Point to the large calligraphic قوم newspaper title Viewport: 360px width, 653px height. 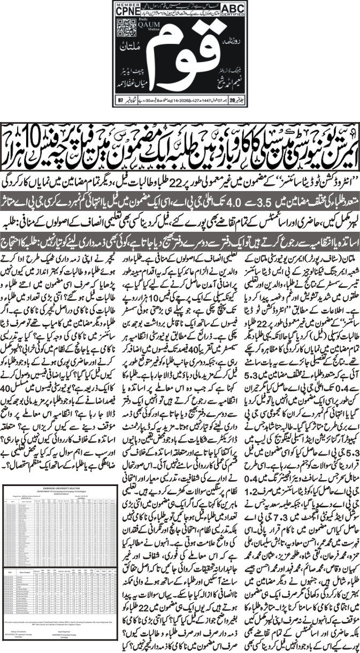coord(179,56)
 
